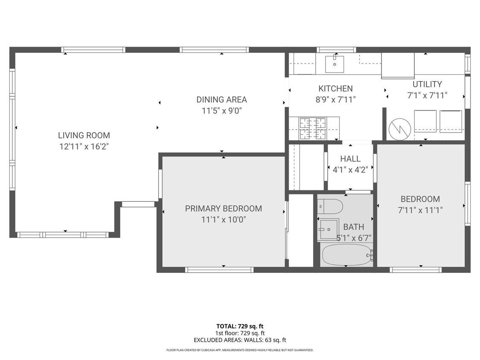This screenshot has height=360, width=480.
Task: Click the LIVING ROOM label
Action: click(84, 135)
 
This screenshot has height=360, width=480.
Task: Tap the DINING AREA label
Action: click(221, 99)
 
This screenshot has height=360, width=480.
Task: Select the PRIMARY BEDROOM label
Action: click(223, 209)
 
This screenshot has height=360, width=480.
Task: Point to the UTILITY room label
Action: click(427, 84)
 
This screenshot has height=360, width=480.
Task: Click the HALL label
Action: click(350, 159)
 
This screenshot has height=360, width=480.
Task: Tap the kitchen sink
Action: click(335, 64)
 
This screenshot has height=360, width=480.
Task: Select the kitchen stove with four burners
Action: click(312, 128)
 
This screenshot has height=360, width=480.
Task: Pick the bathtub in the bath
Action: click(346, 255)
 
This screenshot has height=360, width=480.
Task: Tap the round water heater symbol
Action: click(400, 128)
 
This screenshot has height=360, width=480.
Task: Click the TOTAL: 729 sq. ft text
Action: click(240, 326)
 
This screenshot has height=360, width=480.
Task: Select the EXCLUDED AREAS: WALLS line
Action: click(240, 340)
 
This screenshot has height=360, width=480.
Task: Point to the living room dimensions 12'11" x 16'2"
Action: click(84, 146)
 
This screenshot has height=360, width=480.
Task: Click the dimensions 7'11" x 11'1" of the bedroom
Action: click(420, 210)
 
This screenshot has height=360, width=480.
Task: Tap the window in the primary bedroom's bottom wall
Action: click(219, 270)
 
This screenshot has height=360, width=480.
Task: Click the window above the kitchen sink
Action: click(336, 49)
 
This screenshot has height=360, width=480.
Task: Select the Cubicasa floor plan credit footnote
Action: click(240, 350)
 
